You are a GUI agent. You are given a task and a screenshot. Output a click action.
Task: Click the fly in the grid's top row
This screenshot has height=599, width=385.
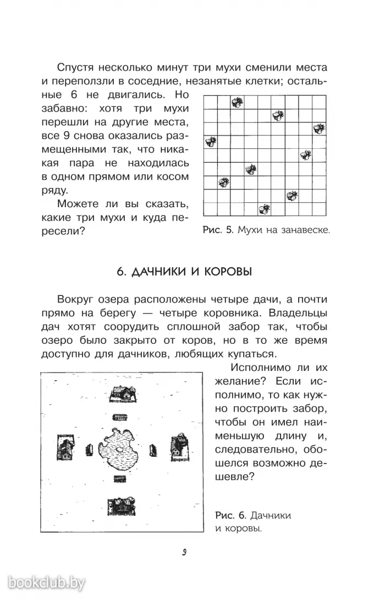(237, 101)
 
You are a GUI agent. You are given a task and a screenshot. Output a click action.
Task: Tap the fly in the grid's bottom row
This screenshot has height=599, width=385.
(265, 209)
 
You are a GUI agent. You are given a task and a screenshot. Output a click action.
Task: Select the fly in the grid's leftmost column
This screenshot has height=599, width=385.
(210, 142)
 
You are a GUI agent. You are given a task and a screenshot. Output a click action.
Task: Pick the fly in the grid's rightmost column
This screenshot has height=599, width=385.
(318, 128)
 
